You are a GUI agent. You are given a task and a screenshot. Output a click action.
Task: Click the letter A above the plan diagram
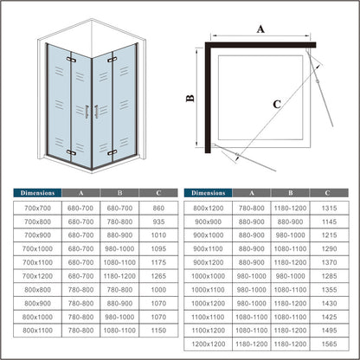[x=260, y=29]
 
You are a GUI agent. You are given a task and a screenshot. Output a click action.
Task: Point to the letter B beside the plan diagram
[x=190, y=99]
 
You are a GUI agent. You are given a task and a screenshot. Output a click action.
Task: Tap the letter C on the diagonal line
[x=277, y=104]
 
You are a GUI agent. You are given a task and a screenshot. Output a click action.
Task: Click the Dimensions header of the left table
[x=37, y=193]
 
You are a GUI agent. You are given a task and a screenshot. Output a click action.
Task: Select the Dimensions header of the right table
[x=209, y=193]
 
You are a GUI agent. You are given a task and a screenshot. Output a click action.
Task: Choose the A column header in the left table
[x=81, y=193]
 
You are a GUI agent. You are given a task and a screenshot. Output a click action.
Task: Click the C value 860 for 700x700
[x=158, y=208]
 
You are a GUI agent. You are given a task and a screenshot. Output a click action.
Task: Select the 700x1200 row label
[x=37, y=276]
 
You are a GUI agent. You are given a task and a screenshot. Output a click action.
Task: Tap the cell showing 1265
[x=158, y=276]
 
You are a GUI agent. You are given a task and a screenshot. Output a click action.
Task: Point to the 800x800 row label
[x=37, y=290]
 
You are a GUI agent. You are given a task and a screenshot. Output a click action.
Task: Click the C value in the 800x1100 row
[x=158, y=331]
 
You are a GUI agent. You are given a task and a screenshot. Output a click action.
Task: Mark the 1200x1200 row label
[x=209, y=344]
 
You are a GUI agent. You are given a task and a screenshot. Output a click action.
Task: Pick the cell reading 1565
[x=329, y=344]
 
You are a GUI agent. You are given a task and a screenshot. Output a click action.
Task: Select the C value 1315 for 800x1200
[x=329, y=208]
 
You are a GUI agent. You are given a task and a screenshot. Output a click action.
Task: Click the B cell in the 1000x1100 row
[x=291, y=290]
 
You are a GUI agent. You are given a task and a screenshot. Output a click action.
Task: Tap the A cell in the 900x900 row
[x=252, y=222]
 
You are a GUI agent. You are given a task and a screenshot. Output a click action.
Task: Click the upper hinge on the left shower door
[x=71, y=60]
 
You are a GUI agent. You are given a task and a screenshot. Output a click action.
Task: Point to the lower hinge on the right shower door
[x=112, y=152]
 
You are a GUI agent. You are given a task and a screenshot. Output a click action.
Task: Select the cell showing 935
[x=158, y=222]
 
